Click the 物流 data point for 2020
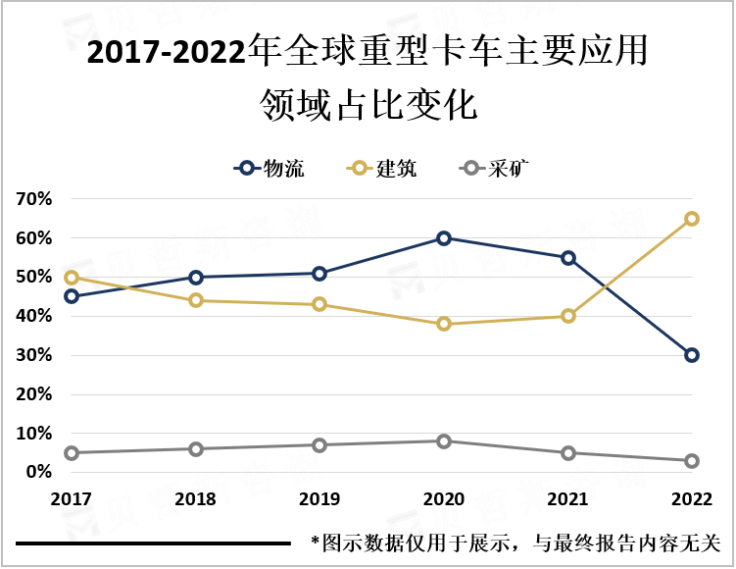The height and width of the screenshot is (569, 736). pos(444,238)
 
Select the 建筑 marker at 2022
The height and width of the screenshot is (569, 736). pos(692,219)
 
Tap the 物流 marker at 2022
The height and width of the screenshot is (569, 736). pos(692,355)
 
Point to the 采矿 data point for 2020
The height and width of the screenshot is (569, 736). pos(444,441)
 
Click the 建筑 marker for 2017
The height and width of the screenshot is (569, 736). pos(72,278)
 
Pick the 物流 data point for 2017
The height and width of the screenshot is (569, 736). pos(72,296)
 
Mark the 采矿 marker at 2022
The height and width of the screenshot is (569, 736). pos(692,461)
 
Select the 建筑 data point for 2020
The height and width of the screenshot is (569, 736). pos(444,324)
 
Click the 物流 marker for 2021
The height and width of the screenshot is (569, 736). pos(568,258)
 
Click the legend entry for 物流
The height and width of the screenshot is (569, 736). pos(270,169)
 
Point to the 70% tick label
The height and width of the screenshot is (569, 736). pos(34,199)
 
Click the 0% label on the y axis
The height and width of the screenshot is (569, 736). pos(39,472)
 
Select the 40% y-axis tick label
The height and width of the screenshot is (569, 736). pos(34,316)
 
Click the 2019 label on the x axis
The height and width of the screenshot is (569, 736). pos(319,499)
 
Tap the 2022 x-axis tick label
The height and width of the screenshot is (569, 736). pos(692,499)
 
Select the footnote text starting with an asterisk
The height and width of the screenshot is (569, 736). pos(515,543)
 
